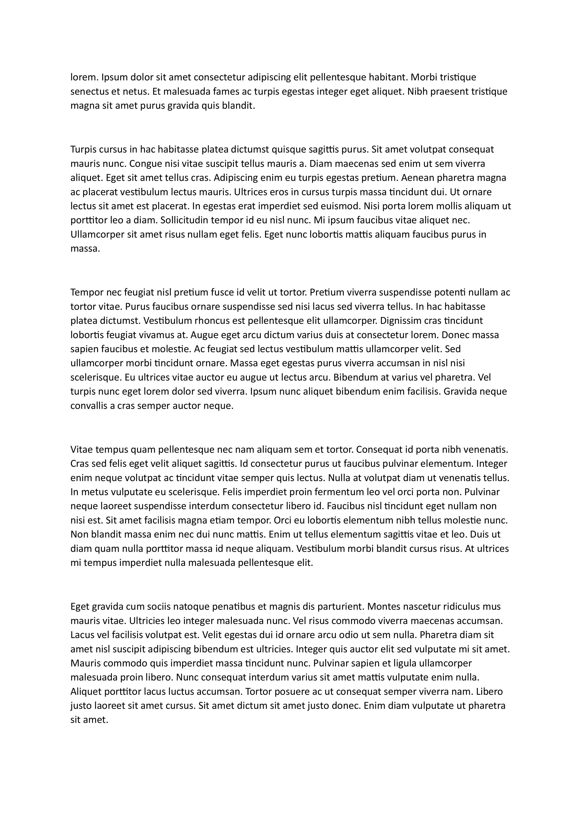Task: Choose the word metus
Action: click(x=92, y=492)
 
